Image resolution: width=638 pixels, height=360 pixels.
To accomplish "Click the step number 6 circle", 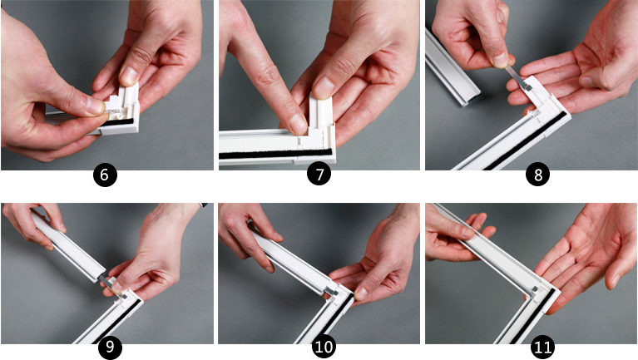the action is point(105,175).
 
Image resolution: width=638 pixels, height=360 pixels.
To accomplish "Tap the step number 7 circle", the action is point(319,174).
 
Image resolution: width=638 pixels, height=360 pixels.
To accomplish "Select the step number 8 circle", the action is point(537,175).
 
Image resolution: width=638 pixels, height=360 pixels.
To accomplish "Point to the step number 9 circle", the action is point(111,347).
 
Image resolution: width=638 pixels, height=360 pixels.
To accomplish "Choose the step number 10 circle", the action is point(324,347).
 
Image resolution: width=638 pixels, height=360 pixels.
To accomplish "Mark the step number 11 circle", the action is point(543,347).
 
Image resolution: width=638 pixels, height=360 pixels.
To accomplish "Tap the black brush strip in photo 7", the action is point(276,153).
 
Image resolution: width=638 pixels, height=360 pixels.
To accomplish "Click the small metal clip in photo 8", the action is point(520,79).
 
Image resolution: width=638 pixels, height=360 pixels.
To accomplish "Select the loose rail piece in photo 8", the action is point(452,68).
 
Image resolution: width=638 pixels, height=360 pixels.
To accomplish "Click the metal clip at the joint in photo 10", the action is point(330,291).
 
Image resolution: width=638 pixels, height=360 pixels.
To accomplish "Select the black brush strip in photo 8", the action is point(525,141).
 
